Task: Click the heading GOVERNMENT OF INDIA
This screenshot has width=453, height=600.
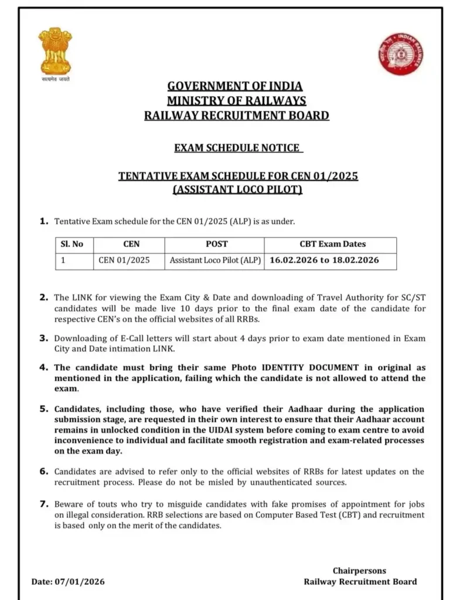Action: pos(237,86)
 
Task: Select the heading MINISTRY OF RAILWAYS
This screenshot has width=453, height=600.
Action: pos(237,101)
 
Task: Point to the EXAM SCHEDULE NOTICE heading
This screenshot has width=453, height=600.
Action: pos(237,148)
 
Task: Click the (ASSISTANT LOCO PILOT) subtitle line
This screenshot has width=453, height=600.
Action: pos(237,190)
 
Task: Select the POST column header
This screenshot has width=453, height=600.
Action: pos(217,244)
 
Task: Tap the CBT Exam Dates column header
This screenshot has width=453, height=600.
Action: pos(332,244)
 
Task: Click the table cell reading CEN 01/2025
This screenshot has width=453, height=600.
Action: pos(124,260)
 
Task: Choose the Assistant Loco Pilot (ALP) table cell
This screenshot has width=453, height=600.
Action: pos(216,260)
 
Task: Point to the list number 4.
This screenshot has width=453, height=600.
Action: pos(43,367)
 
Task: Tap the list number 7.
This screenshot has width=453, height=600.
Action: pos(43,504)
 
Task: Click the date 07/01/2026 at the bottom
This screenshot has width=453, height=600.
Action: pos(80,582)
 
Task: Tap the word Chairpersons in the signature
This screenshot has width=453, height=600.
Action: pos(359,571)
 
